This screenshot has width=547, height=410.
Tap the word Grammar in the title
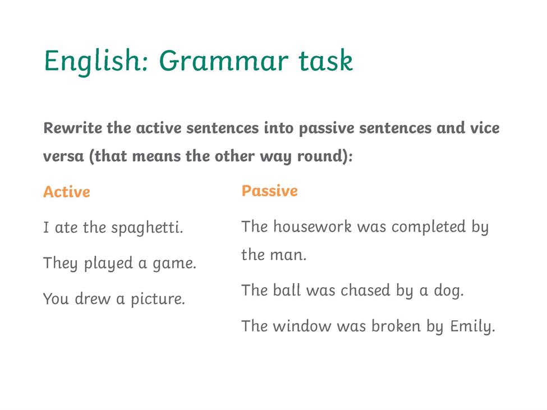coord(224,61)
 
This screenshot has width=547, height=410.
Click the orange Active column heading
coord(67,192)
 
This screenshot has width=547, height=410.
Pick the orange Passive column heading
coord(270,191)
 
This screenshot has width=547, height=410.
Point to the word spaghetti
coord(147,228)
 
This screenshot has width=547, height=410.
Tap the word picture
coord(158,300)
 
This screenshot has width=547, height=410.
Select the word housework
coord(312,227)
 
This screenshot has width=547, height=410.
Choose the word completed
coord(429,227)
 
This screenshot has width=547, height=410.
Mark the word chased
coord(365,290)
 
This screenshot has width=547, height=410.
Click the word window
coord(302,326)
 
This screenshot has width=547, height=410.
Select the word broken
coord(396,326)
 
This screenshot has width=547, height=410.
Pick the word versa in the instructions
coord(63,156)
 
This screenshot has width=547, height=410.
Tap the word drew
coord(93,299)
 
